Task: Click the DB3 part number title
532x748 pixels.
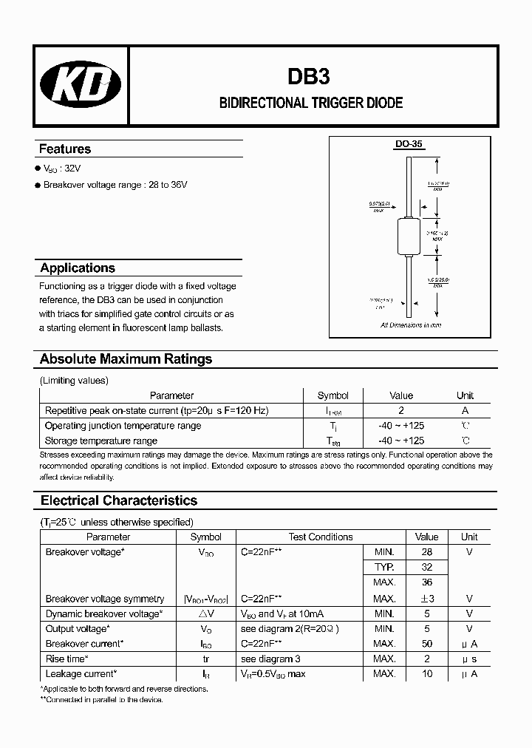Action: (311, 77)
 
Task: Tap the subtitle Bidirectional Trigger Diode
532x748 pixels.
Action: (311, 103)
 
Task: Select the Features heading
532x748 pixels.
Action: (65, 149)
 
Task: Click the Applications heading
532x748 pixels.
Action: (78, 268)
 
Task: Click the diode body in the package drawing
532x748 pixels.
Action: (409, 230)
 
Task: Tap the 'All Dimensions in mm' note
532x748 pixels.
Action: (411, 325)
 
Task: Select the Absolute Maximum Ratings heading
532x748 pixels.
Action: (126, 359)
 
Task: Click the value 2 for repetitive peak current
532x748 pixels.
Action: (401, 410)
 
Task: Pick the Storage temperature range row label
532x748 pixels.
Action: (100, 441)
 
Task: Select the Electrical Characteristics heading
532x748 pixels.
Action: (119, 501)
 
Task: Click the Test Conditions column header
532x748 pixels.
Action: (320, 537)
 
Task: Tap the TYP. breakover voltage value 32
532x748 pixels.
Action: (426, 568)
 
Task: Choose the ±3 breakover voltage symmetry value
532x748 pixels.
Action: (426, 599)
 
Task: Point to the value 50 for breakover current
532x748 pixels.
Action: (426, 644)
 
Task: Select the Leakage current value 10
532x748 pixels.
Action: (426, 674)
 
